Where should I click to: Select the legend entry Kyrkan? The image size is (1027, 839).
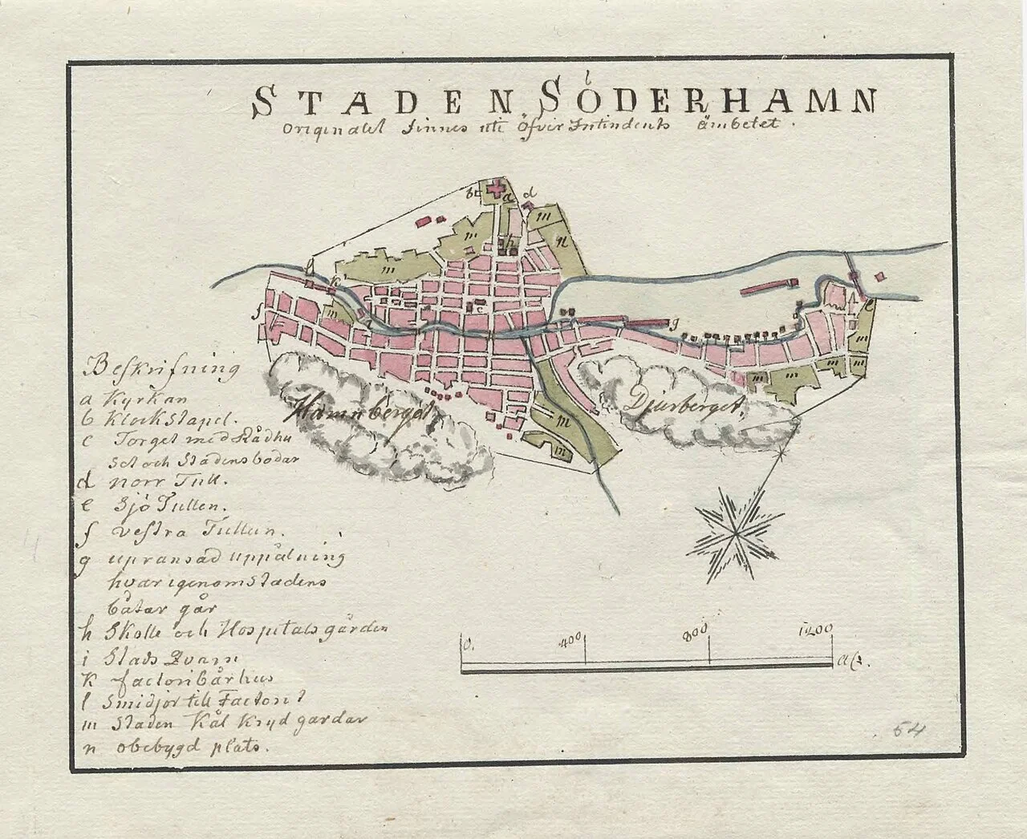tap(133, 397)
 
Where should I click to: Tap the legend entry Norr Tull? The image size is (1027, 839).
tap(151, 482)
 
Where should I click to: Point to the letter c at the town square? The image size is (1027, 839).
tap(479, 308)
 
